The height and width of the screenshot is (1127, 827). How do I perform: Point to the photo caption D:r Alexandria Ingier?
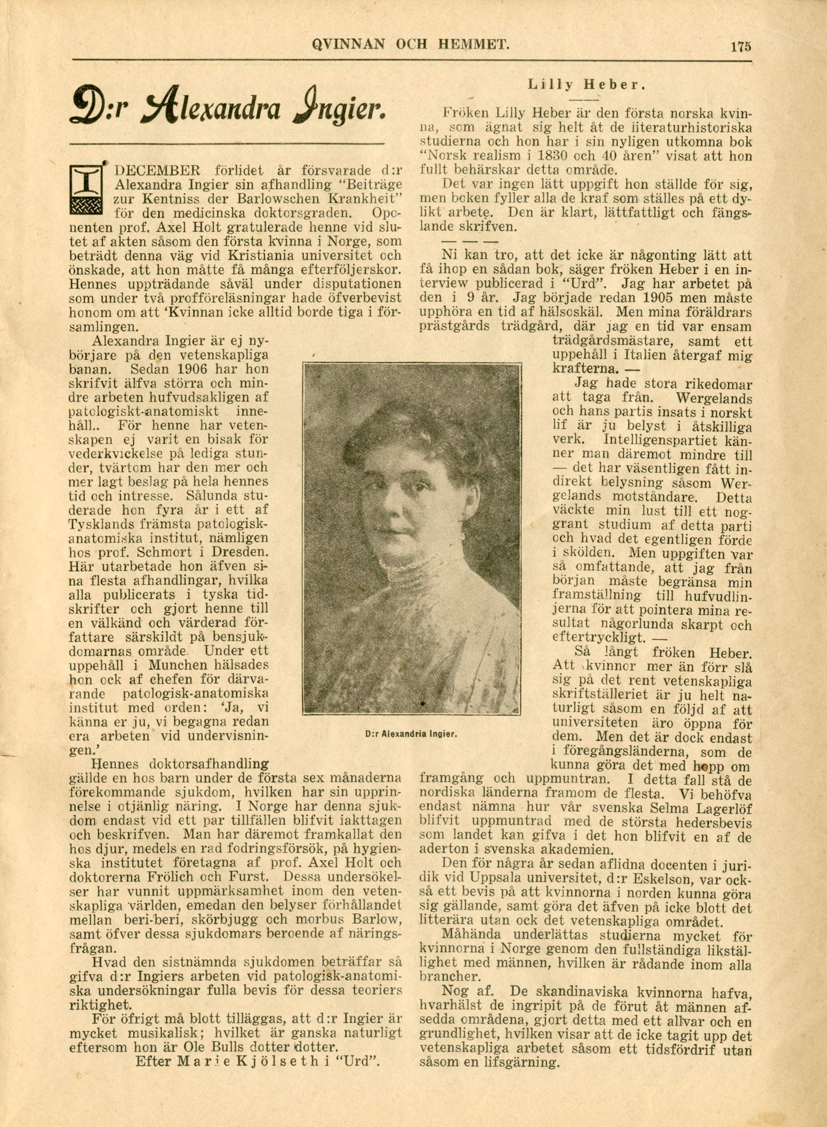point(409,735)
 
